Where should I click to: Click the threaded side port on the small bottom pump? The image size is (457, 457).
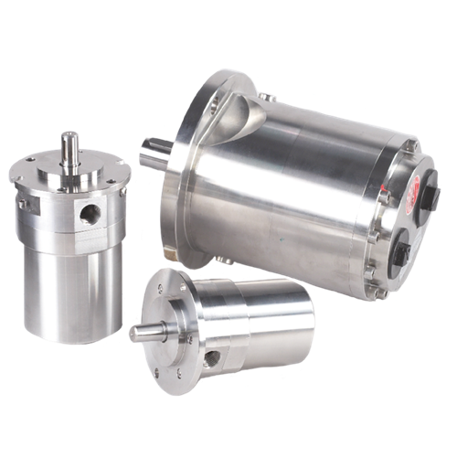[x=212, y=354]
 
